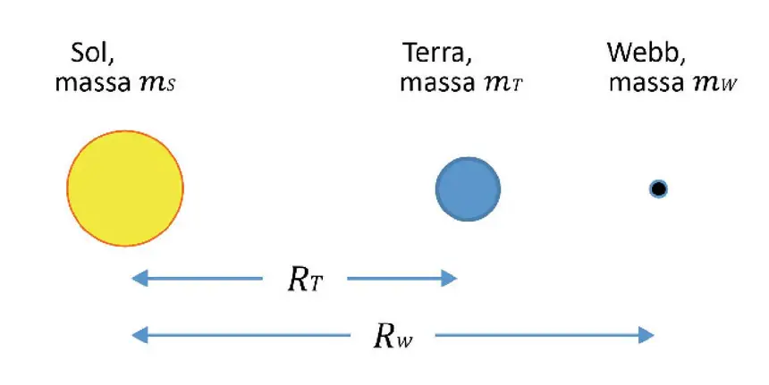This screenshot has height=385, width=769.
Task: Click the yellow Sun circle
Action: (125, 188)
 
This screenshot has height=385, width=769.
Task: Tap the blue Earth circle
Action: (468, 189)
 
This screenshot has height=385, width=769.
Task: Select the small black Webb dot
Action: (658, 188)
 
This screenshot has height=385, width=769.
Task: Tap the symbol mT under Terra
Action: (503, 84)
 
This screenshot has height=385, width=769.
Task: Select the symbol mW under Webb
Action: (714, 84)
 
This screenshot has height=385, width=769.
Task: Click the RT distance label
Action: (305, 280)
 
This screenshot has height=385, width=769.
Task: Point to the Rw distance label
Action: (393, 337)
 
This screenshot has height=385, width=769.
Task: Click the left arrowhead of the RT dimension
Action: (139, 279)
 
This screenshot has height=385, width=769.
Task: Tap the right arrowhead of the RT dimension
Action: (449, 279)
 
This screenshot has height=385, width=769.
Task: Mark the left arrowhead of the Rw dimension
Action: (139, 335)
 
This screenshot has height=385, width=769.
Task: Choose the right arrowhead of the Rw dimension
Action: (646, 335)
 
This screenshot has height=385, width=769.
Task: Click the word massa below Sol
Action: (93, 83)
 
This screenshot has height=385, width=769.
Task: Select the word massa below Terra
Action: (438, 83)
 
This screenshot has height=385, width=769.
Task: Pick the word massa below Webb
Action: (646, 83)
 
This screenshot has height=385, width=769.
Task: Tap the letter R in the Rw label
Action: (384, 336)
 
